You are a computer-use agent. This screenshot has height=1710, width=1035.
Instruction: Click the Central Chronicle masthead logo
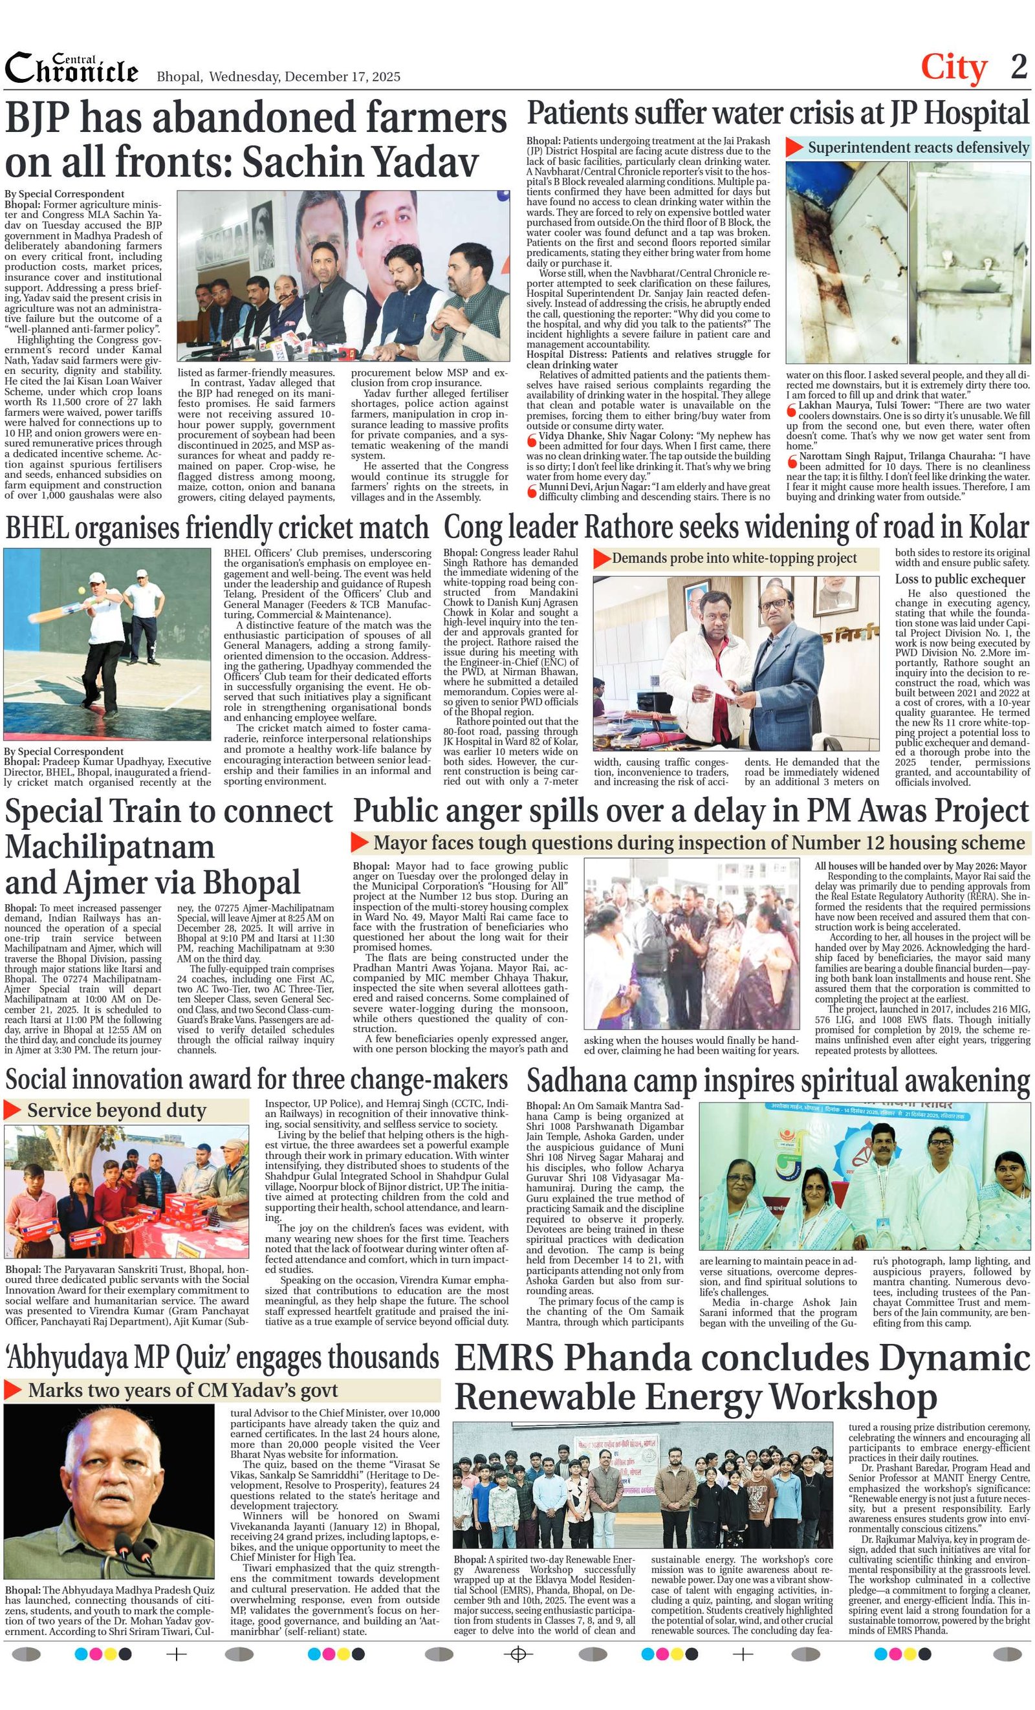coord(72,69)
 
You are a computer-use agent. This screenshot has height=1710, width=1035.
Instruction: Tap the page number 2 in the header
coord(1018,67)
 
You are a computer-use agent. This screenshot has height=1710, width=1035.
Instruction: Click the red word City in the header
coord(953,68)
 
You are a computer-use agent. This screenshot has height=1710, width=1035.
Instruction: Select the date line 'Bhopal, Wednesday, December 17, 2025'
coord(278,76)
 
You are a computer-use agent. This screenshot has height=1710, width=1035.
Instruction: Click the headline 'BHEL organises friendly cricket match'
coord(217,528)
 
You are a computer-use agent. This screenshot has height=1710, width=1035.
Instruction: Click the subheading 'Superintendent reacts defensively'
coord(918,147)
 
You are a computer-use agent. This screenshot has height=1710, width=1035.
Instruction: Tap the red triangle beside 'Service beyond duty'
coord(12,1110)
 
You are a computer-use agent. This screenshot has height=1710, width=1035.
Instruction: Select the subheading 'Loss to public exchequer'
coord(959,579)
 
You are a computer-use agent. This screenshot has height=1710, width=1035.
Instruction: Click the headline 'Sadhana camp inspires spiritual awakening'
coord(778,1081)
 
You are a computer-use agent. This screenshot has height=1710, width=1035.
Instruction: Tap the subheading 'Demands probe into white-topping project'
coord(734,559)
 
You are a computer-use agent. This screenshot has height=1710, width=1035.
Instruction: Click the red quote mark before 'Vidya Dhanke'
coord(532,439)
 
